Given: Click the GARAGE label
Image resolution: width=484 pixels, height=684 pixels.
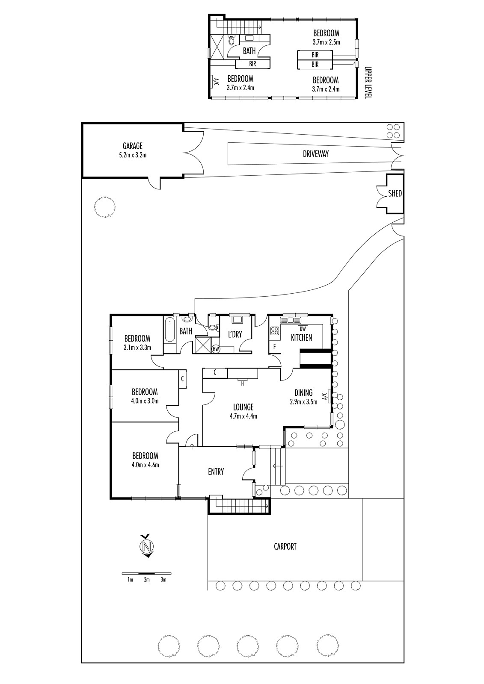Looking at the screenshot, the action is pyautogui.click(x=133, y=146).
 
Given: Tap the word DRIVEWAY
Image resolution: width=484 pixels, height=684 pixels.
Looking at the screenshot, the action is pyautogui.click(x=315, y=154).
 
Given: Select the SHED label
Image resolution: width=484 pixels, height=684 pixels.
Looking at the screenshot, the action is pyautogui.click(x=395, y=193).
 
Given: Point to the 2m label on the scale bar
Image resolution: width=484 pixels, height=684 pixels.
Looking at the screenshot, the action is pyautogui.click(x=147, y=580).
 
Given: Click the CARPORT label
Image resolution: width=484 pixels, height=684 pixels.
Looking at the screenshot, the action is pyautogui.click(x=285, y=546).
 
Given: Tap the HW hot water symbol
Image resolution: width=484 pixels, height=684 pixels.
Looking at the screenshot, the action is pyautogui.click(x=216, y=348).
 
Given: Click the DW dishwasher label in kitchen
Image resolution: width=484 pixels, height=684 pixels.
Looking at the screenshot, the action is pyautogui.click(x=303, y=329).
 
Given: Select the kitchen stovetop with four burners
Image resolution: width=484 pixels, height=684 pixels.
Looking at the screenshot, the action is pyautogui.click(x=275, y=331).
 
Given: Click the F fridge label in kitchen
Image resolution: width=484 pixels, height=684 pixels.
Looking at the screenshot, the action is pyautogui.click(x=274, y=347).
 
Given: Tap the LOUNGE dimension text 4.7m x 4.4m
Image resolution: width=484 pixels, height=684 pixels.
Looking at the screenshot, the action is pyautogui.click(x=243, y=416).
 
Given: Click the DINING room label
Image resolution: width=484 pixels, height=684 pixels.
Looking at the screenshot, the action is pyautogui.click(x=303, y=393).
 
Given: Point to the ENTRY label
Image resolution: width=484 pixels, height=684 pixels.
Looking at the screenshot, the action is pyautogui.click(x=216, y=472).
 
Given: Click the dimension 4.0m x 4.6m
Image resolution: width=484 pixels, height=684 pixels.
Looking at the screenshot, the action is pyautogui.click(x=145, y=465).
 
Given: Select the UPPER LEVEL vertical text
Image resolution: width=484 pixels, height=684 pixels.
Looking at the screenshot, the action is pyautogui.click(x=368, y=82).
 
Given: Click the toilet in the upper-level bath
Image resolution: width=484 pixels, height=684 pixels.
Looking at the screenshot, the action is pyautogui.click(x=231, y=40).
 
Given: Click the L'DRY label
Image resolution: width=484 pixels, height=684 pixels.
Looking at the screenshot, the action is pyautogui.click(x=235, y=334).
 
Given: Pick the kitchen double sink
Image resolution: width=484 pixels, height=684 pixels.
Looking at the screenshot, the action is pyautogui.click(x=291, y=320).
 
